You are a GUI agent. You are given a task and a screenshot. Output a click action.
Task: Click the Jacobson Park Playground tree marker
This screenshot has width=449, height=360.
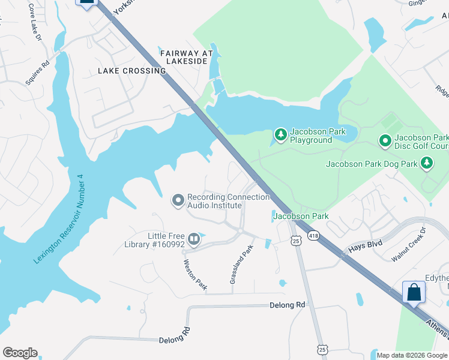point(280,133)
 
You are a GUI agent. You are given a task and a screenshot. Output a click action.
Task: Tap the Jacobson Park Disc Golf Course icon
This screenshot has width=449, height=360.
point(385,140)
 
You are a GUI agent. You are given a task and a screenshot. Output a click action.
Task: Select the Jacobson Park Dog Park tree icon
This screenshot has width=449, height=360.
point(426,163)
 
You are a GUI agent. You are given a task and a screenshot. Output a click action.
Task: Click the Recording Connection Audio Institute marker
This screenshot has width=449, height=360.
point(178,200)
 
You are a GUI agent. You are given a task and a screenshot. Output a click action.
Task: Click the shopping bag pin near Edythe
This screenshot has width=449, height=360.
point(414,293)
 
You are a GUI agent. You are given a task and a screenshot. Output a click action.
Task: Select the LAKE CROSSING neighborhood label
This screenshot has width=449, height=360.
point(131,71)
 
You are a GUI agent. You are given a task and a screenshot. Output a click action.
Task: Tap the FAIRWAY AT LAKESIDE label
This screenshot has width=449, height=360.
point(187,58)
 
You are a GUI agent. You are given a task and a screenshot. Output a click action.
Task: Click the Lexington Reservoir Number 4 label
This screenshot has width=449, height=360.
point(58,219)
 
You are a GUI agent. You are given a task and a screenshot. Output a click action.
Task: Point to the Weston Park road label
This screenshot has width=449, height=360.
point(195,275)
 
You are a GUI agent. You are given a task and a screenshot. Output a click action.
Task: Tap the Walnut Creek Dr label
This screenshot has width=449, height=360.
point(408,244)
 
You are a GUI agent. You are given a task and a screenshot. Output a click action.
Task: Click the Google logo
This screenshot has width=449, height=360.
point(20,353)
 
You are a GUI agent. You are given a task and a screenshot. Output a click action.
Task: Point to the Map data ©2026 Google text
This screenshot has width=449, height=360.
point(412,355)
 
